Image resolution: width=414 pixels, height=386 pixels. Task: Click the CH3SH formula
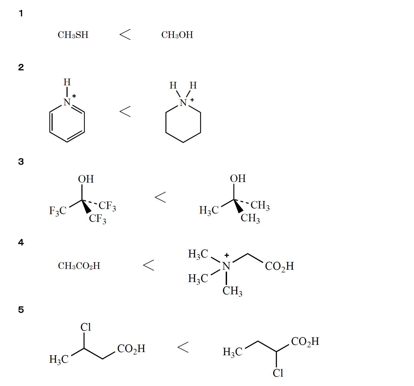coord(73,35)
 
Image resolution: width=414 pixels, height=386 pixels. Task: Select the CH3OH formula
coord(177,35)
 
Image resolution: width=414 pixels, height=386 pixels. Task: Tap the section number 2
coord(21,67)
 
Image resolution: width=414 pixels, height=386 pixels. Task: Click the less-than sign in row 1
coord(125,34)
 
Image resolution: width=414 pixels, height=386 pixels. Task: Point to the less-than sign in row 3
coord(160,197)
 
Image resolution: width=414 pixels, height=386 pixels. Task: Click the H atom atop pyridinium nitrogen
coord(67,82)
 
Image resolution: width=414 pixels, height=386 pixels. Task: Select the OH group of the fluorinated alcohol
coord(86,179)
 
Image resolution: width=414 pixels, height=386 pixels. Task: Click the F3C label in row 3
coord(58,211)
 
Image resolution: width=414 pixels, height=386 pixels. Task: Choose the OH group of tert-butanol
coord(238,179)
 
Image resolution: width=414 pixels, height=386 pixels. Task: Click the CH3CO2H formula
coord(79,266)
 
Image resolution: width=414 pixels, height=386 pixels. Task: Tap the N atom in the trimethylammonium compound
coord(226,266)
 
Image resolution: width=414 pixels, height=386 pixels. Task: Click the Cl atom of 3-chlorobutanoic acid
coord(86,327)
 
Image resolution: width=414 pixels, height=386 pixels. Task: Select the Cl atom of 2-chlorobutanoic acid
coord(278,373)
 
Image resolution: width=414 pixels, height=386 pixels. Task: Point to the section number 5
coord(21,310)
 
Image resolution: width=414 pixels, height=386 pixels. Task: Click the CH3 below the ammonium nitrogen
coord(232,291)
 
